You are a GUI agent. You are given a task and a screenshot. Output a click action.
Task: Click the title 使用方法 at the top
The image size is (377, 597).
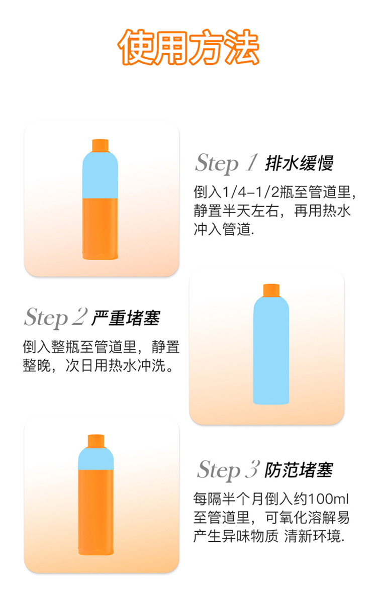189,48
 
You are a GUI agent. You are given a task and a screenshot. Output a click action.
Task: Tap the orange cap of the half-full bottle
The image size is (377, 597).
100,145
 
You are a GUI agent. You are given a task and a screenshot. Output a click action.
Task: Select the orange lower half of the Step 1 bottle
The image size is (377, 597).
100,229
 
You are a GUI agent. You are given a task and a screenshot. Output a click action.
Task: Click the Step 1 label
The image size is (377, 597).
226,163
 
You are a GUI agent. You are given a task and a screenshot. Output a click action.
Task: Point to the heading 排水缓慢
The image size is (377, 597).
299,163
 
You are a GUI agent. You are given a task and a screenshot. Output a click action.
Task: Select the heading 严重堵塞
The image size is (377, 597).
126,318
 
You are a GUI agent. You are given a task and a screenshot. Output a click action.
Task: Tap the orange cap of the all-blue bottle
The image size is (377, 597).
271,290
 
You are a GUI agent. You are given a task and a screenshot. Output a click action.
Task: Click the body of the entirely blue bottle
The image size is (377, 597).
271,352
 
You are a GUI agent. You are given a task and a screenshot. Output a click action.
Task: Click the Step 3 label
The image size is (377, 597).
228,469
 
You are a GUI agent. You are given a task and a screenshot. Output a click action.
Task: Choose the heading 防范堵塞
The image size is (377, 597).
299,470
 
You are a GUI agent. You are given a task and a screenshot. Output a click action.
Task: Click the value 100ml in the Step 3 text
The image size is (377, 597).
329,499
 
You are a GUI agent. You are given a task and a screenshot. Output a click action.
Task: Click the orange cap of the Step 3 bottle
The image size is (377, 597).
96,441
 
